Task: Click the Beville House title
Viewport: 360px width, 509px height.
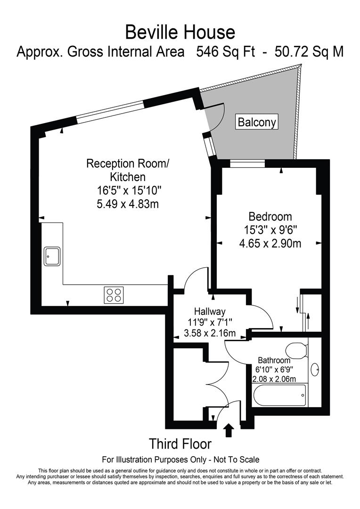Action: click(180, 32)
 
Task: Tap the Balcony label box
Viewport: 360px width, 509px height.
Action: click(257, 123)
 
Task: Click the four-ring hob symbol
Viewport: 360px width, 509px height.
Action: click(114, 295)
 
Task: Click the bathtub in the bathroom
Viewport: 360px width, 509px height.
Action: click(279, 395)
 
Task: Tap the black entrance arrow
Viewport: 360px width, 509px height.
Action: click(229, 430)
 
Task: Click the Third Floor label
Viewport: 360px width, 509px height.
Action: click(180, 444)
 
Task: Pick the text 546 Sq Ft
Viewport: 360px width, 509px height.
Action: click(225, 51)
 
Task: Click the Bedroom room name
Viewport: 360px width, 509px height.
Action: click(270, 217)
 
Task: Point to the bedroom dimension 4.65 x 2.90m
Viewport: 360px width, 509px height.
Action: click(270, 244)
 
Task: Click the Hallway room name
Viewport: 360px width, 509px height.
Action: click(210, 312)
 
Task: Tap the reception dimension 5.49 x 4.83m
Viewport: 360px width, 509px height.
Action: click(127, 204)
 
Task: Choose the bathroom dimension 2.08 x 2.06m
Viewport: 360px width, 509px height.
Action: click(275, 379)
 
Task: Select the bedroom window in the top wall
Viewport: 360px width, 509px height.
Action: click(247, 164)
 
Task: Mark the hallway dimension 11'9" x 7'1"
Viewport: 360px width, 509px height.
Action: click(210, 323)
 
